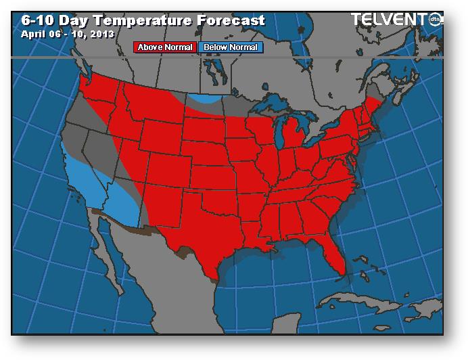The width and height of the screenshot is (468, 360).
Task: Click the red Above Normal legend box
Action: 166,47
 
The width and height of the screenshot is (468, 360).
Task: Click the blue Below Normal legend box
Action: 231,47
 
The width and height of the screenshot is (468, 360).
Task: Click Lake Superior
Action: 274,106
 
